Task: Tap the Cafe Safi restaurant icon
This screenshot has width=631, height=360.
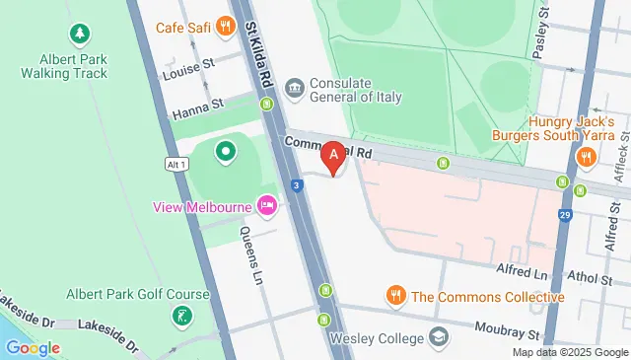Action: point(227,27)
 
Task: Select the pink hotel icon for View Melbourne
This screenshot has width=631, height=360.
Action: point(266,206)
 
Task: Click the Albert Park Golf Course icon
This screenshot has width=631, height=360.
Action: point(181,316)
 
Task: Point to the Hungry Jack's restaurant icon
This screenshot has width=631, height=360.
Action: point(586,156)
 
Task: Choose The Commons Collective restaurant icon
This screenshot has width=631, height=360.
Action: point(395,295)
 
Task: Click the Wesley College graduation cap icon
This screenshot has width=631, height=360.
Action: point(437,338)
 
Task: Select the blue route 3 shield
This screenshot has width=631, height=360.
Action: point(296,184)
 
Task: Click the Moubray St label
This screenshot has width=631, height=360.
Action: point(509,335)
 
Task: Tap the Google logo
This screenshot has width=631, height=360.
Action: point(32,347)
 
